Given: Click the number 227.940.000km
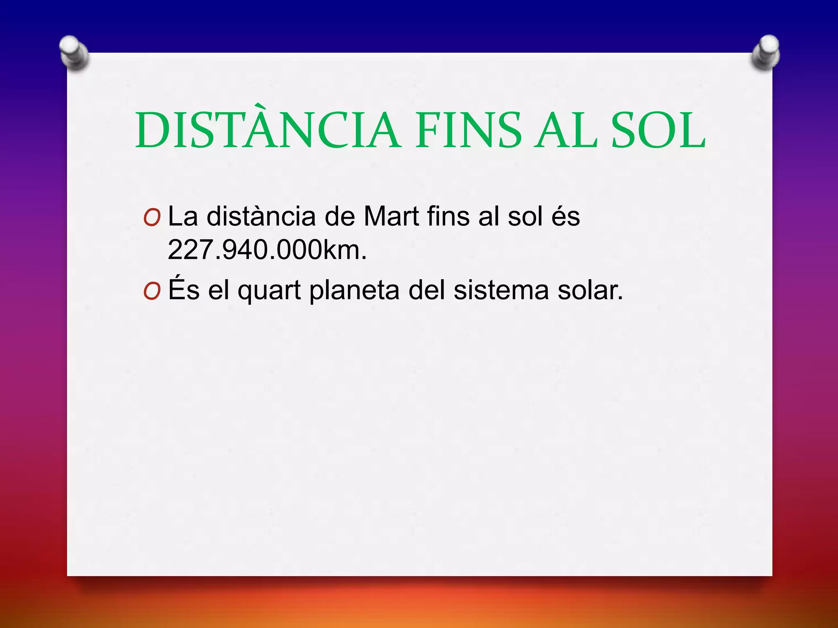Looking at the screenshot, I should click(x=267, y=250).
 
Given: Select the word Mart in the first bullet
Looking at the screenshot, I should click(x=391, y=216).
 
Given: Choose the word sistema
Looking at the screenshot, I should click(x=501, y=290).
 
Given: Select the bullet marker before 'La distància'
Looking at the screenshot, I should click(x=152, y=219).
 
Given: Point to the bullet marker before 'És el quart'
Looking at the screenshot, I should click(x=152, y=292).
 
